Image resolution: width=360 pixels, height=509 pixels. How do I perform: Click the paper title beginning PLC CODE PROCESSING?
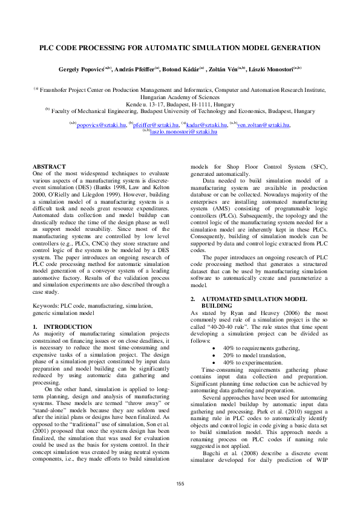pos(180,47)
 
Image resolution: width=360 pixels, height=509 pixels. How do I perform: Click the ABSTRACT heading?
pos(49,166)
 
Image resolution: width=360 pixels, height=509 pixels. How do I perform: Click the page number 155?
pos(180,483)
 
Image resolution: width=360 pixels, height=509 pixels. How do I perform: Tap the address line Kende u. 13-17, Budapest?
pos(180,104)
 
